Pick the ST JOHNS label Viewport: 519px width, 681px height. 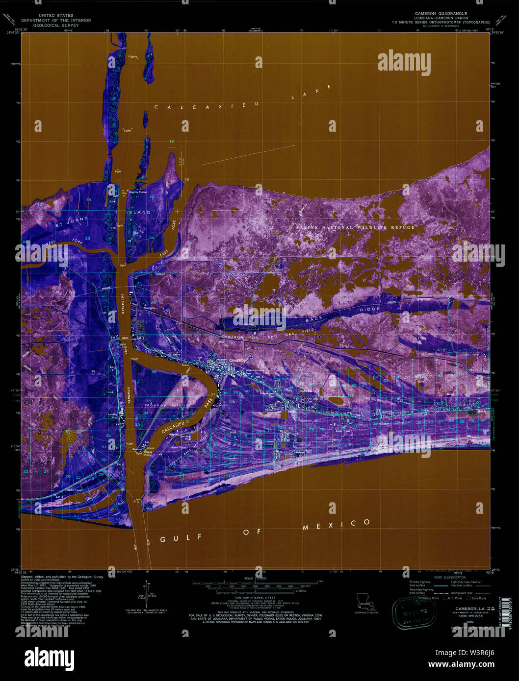(x=72, y=221)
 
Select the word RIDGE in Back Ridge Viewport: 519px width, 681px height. (x=369, y=309)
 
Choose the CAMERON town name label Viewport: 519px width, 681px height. (x=238, y=360)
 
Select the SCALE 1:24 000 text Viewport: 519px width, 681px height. (x=255, y=578)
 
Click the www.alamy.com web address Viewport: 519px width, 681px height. (x=461, y=665)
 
